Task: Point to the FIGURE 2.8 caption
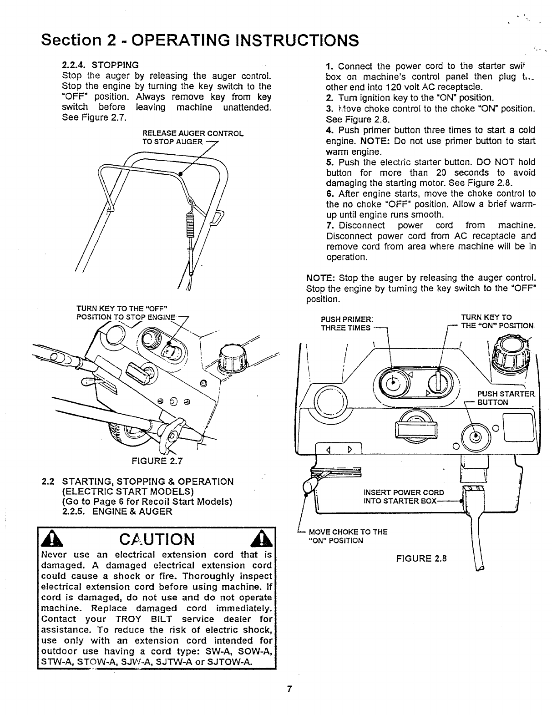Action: (421, 558)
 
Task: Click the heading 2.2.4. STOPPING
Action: (100, 65)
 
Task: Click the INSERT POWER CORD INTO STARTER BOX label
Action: (403, 497)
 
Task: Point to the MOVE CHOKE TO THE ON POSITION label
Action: (348, 536)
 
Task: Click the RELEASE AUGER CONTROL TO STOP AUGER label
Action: (193, 137)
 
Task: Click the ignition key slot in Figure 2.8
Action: (439, 381)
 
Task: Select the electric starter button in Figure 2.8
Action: (476, 436)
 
